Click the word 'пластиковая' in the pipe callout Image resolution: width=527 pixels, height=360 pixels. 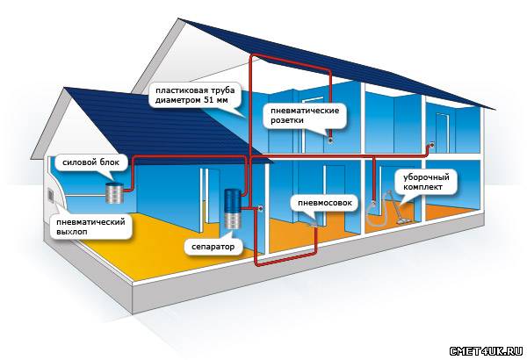pyautogui.click(x=175, y=90)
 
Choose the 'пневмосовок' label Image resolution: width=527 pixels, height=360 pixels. pyautogui.click(x=322, y=203)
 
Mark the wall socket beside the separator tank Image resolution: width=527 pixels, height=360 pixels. pyautogui.click(x=261, y=208)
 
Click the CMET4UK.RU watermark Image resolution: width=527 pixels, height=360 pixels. pyautogui.click(x=486, y=349)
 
